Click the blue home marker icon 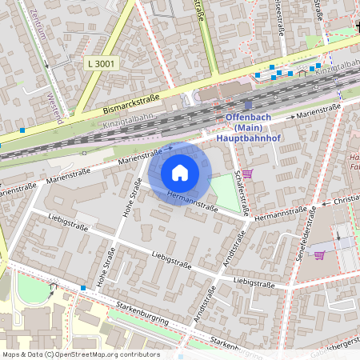pyautogui.click(x=180, y=172)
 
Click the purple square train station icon pyautogui.click(x=248, y=104)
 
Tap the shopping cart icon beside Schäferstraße pyautogui.click(x=247, y=173)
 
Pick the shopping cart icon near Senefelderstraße pyautogui.click(x=319, y=255)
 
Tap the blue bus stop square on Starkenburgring pyautogui.click(x=82, y=288)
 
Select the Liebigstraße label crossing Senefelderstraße pyautogui.click(x=254, y=282)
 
